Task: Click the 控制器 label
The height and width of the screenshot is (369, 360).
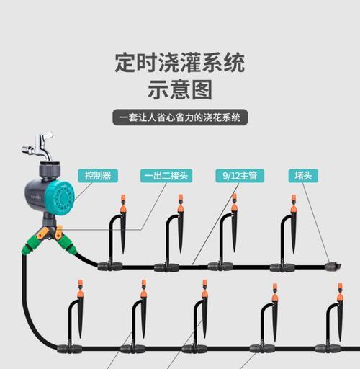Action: [x=98, y=176]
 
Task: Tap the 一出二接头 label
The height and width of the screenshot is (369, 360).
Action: [x=166, y=176]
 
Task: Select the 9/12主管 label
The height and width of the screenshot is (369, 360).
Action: [x=240, y=176]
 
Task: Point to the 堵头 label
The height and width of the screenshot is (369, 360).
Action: [x=303, y=176]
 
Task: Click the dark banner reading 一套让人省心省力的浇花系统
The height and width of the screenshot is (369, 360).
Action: [x=180, y=117]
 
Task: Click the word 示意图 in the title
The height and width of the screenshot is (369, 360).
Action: [x=180, y=89]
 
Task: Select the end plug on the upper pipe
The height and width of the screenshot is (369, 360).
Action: [x=333, y=266]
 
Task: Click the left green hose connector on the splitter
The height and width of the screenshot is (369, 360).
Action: [x=30, y=245]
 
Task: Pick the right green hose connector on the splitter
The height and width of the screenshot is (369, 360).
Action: [x=68, y=245]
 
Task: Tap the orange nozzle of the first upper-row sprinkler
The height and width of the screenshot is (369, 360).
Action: [x=123, y=203]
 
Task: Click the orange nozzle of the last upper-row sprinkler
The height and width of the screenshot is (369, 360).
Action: [x=294, y=203]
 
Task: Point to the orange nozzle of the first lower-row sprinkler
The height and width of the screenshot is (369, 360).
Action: [x=81, y=288]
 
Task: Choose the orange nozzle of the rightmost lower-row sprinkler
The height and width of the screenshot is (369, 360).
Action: [x=340, y=292]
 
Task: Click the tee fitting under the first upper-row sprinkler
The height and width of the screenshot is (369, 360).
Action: [x=110, y=266]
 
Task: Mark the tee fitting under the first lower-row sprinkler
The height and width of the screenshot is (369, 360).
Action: [x=70, y=348]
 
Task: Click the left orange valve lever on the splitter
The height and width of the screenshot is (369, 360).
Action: [x=43, y=233]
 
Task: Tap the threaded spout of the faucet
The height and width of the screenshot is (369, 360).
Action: [x=28, y=150]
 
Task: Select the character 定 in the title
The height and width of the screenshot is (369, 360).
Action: [x=125, y=63]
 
